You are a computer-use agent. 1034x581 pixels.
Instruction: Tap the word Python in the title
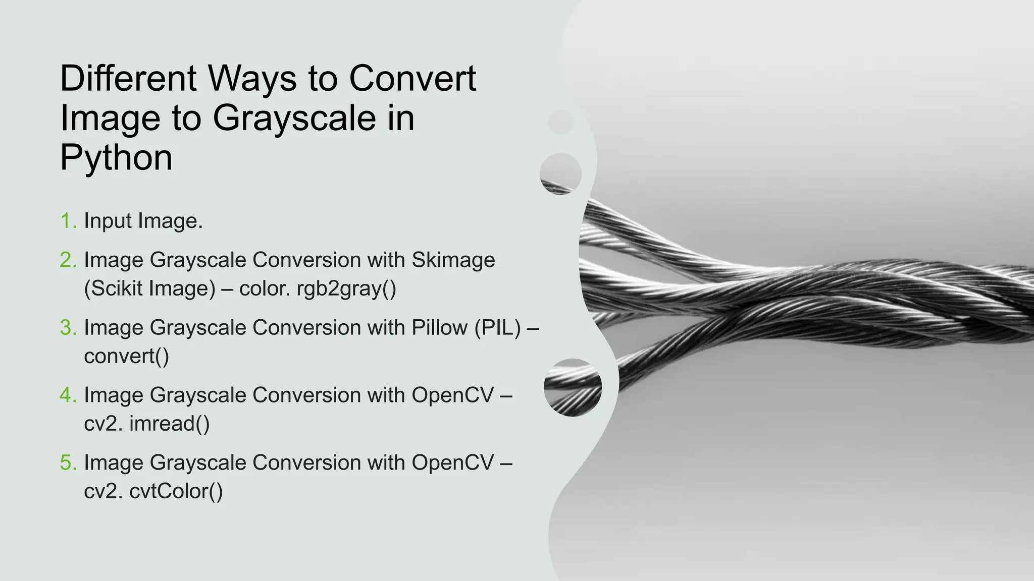click(116, 158)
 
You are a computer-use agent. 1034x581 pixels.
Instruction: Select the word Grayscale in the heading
click(294, 119)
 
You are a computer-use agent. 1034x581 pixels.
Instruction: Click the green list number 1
click(68, 221)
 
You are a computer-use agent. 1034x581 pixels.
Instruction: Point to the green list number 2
click(68, 260)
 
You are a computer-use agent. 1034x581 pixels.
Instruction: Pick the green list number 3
click(68, 328)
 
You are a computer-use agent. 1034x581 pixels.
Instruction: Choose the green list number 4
click(68, 395)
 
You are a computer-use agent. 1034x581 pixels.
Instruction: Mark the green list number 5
click(68, 463)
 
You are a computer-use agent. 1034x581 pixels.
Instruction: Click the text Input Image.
click(143, 221)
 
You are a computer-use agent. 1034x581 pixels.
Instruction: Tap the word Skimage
click(453, 260)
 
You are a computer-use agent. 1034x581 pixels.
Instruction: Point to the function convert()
click(126, 357)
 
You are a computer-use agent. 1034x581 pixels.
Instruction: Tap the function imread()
click(169, 424)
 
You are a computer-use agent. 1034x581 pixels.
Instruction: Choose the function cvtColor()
click(176, 491)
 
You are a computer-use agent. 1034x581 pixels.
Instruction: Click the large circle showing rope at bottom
click(573, 387)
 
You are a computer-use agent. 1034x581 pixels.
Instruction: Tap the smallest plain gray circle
click(560, 122)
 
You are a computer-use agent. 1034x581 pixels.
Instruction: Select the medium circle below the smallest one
click(560, 174)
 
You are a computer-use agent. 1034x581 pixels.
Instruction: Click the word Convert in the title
click(412, 79)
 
